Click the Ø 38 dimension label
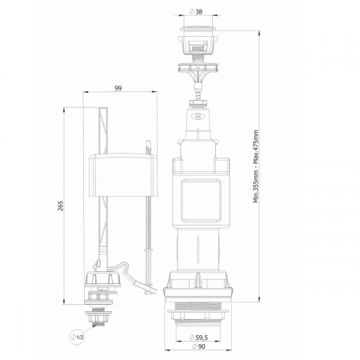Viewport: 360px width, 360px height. pos(196,12)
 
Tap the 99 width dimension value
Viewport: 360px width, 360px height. pos(118,88)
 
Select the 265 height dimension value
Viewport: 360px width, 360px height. pos(61,206)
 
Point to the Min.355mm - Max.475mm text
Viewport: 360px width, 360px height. pos(256,166)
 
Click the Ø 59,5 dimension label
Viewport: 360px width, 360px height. pos(198,338)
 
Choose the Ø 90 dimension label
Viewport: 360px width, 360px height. pos(198,346)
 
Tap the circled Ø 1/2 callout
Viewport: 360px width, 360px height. pos(78,337)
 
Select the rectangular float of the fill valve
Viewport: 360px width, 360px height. pos(122,174)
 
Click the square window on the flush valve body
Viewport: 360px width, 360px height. pos(201,201)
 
